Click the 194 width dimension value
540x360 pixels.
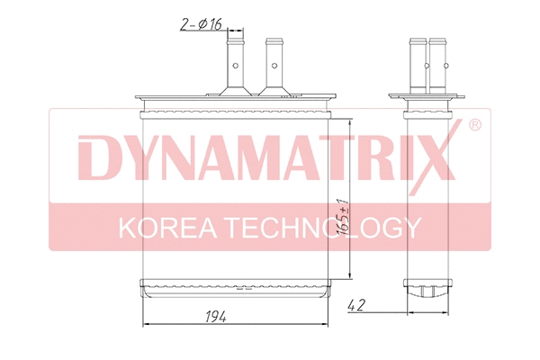(x=212, y=316)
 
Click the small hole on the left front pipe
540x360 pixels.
(x=236, y=65)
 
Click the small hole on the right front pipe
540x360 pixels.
(x=274, y=65)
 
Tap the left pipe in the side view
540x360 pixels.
(x=417, y=63)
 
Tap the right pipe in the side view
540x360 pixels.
(x=437, y=63)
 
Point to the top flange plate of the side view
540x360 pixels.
(x=427, y=97)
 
